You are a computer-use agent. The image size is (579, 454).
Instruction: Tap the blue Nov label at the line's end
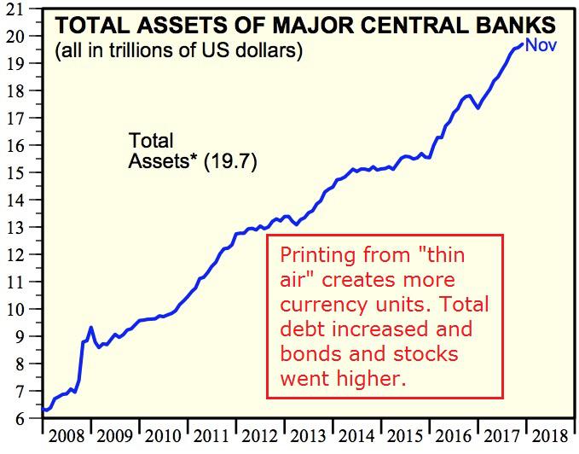pyautogui.click(x=541, y=44)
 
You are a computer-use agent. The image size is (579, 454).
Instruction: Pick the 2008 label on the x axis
pyautogui.click(x=66, y=437)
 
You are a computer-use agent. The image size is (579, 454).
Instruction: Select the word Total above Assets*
pyautogui.click(x=150, y=140)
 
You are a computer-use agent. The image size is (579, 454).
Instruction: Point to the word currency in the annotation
pyautogui.click(x=321, y=305)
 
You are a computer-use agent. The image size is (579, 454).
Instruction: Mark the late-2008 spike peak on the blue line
pyautogui.click(x=90, y=327)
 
